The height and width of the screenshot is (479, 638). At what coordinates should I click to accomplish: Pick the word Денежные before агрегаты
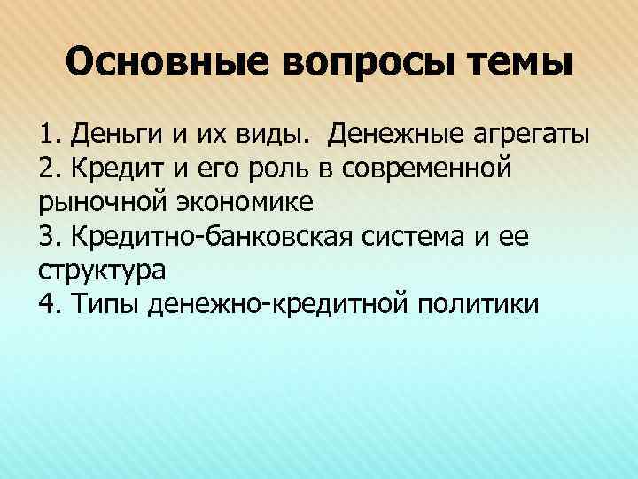click(392, 136)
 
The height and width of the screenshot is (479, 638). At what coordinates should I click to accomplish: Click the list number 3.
click(47, 236)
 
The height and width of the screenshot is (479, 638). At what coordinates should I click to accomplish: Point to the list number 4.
click(47, 303)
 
